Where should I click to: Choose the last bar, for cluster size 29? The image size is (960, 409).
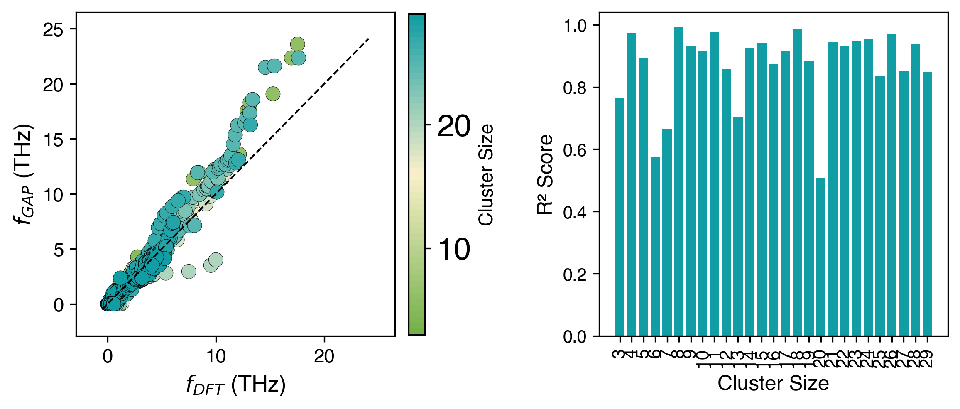927,203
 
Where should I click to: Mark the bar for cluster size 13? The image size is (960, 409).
738,226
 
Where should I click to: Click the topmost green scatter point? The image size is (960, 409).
298,44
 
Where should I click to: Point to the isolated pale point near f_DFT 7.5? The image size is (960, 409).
189,271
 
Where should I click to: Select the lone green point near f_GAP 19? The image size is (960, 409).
273,94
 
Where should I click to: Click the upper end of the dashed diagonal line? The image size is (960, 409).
369,39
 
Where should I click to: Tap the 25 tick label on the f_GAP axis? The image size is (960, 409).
53,30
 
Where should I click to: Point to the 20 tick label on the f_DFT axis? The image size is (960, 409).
324,356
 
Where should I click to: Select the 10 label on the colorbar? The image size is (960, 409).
454,250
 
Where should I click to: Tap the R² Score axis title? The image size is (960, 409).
545,174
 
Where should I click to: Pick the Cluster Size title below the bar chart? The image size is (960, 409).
773,383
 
